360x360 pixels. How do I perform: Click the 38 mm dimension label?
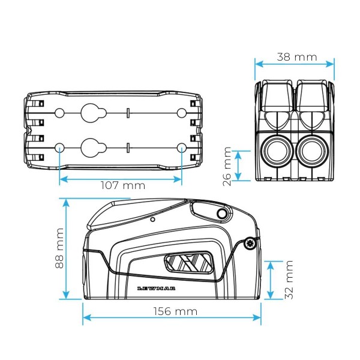[x=297, y=58]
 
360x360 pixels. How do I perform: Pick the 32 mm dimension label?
[x=289, y=280]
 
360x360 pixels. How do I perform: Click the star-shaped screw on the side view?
[x=249, y=243]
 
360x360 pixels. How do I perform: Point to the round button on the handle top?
[x=223, y=214]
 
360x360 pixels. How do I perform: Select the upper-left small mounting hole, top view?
[x=60, y=113]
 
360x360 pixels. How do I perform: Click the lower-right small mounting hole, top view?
[x=182, y=147]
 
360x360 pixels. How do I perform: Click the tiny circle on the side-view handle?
[x=154, y=220]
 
